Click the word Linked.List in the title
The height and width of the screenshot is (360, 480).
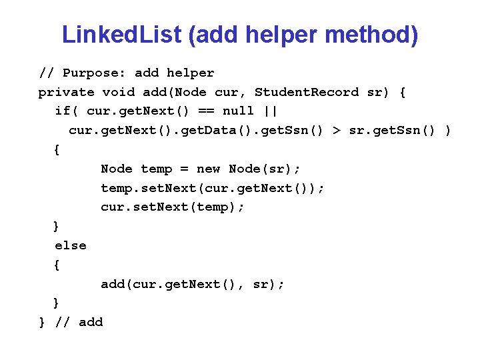coord(121,35)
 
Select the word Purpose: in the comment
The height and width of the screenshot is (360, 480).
coord(94,73)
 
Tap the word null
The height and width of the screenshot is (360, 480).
coord(238,111)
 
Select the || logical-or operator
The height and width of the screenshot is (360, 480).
coord(270,111)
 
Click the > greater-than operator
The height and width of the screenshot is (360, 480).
coord(338,131)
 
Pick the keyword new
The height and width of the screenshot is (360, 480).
coord(208,169)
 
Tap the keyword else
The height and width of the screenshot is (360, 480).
coord(71,245)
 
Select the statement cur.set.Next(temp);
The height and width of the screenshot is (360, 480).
coord(173,207)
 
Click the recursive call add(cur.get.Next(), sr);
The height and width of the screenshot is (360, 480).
coord(193,285)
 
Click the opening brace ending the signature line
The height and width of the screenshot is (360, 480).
coord(402,92)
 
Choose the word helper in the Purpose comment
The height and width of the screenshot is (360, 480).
coord(190,73)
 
